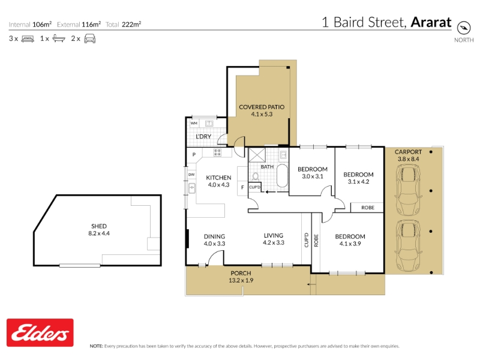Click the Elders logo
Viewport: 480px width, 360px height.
pyautogui.click(x=40, y=332)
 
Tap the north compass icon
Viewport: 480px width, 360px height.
pyautogui.click(x=463, y=28)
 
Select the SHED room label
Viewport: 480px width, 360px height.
pyautogui.click(x=99, y=226)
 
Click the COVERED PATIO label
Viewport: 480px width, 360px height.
pyautogui.click(x=262, y=107)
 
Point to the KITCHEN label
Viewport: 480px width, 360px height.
pyautogui.click(x=218, y=178)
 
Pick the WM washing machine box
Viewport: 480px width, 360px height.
pyautogui.click(x=194, y=123)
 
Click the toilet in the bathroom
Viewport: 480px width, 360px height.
pyautogui.click(x=256, y=176)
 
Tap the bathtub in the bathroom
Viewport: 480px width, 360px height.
pyautogui.click(x=282, y=176)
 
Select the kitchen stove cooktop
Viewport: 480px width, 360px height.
pyautogui.click(x=217, y=152)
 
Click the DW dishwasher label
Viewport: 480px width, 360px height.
pyautogui.click(x=191, y=175)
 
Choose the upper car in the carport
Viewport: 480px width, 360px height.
pyautogui.click(x=409, y=190)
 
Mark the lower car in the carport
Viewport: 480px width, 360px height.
pyautogui.click(x=409, y=245)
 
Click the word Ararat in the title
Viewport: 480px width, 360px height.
pyautogui.click(x=431, y=22)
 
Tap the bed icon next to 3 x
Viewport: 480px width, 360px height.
pyautogui.click(x=28, y=39)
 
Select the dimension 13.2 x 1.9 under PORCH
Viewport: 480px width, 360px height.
pyautogui.click(x=241, y=280)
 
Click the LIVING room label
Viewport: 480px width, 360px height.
pyautogui.click(x=274, y=235)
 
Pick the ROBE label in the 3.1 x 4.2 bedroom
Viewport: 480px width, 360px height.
pyautogui.click(x=368, y=208)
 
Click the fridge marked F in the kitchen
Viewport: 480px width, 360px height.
pyautogui.click(x=242, y=187)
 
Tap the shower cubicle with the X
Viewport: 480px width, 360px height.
pyautogui.click(x=257, y=155)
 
